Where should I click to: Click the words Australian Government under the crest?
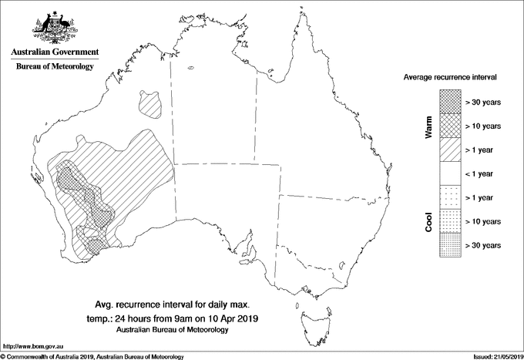(x=54, y=52)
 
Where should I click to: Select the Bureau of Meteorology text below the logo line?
(x=54, y=67)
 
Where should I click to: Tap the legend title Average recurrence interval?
(x=450, y=78)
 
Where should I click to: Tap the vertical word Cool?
(x=428, y=220)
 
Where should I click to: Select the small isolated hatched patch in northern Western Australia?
(x=149, y=102)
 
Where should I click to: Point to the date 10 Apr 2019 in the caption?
(x=232, y=318)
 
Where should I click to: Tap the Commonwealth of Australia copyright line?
(x=92, y=355)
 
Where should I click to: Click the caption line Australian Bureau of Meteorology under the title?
(x=173, y=330)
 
